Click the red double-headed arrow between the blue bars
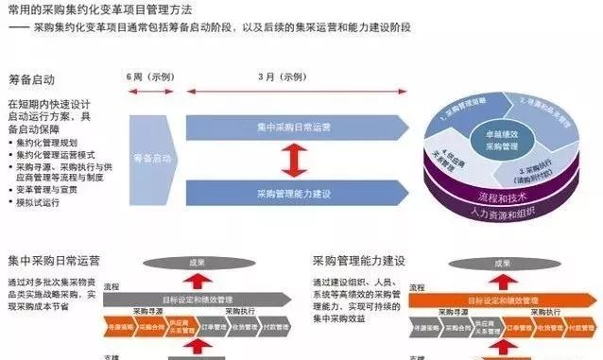click(295, 159)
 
